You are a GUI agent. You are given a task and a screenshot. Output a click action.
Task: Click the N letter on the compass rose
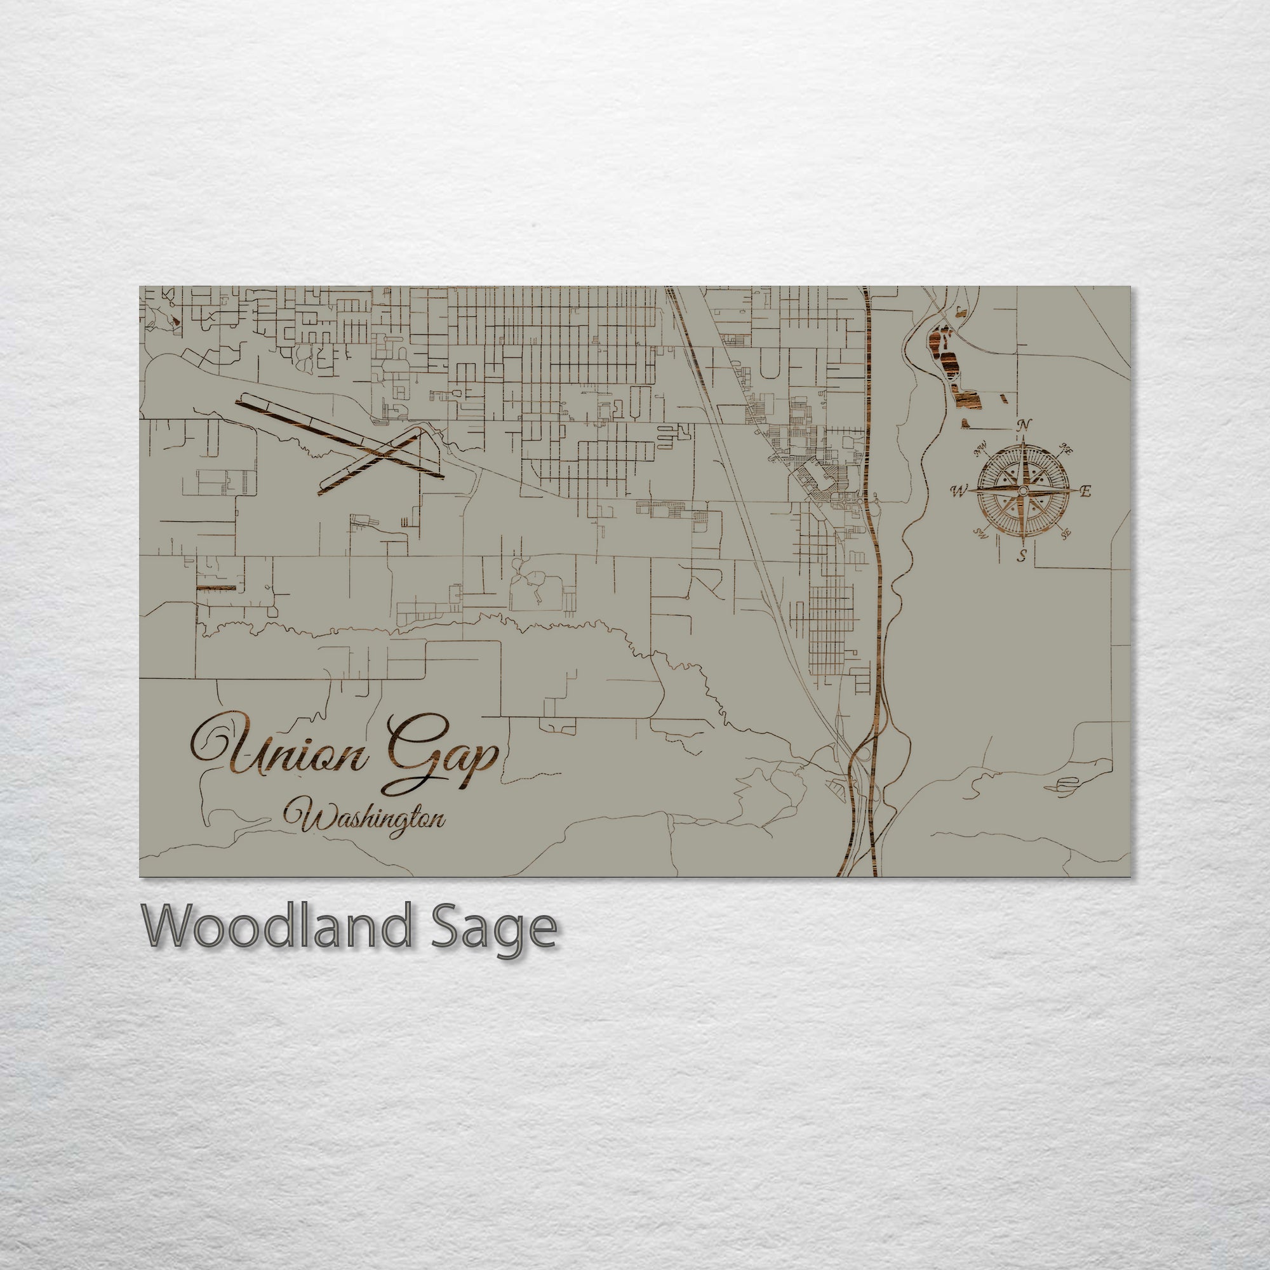(1024, 425)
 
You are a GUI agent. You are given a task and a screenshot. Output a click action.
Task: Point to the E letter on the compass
(1086, 490)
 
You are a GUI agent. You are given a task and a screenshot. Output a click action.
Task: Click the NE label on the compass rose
(1066, 451)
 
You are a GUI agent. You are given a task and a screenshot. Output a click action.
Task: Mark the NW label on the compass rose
(982, 451)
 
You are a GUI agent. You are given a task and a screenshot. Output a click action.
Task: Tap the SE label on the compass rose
(1066, 534)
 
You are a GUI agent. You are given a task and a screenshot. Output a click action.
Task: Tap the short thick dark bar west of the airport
(217, 587)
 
